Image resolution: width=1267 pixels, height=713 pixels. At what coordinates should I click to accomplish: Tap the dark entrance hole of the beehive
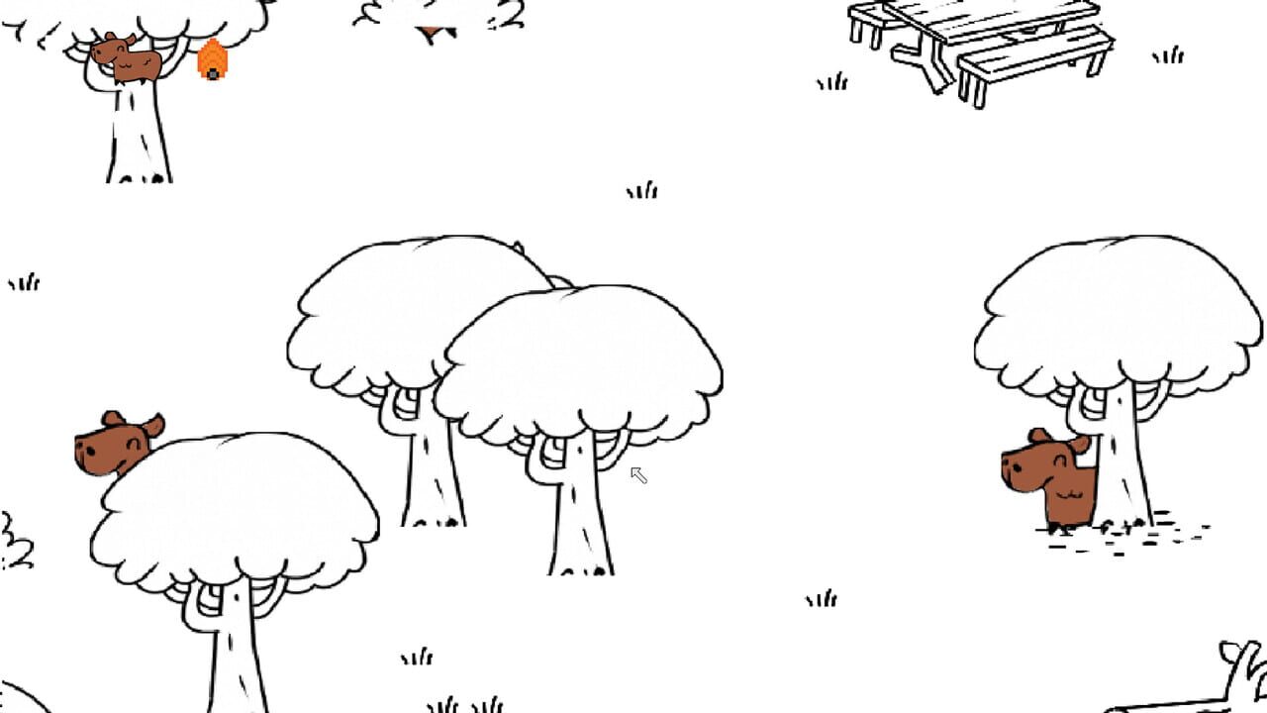(212, 74)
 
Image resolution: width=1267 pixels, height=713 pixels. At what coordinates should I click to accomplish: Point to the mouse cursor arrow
(638, 475)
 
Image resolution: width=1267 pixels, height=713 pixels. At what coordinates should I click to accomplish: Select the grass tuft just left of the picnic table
(832, 82)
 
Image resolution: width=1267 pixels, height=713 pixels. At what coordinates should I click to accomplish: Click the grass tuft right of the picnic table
(1168, 55)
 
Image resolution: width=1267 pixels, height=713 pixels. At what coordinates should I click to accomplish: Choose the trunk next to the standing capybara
(1123, 465)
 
